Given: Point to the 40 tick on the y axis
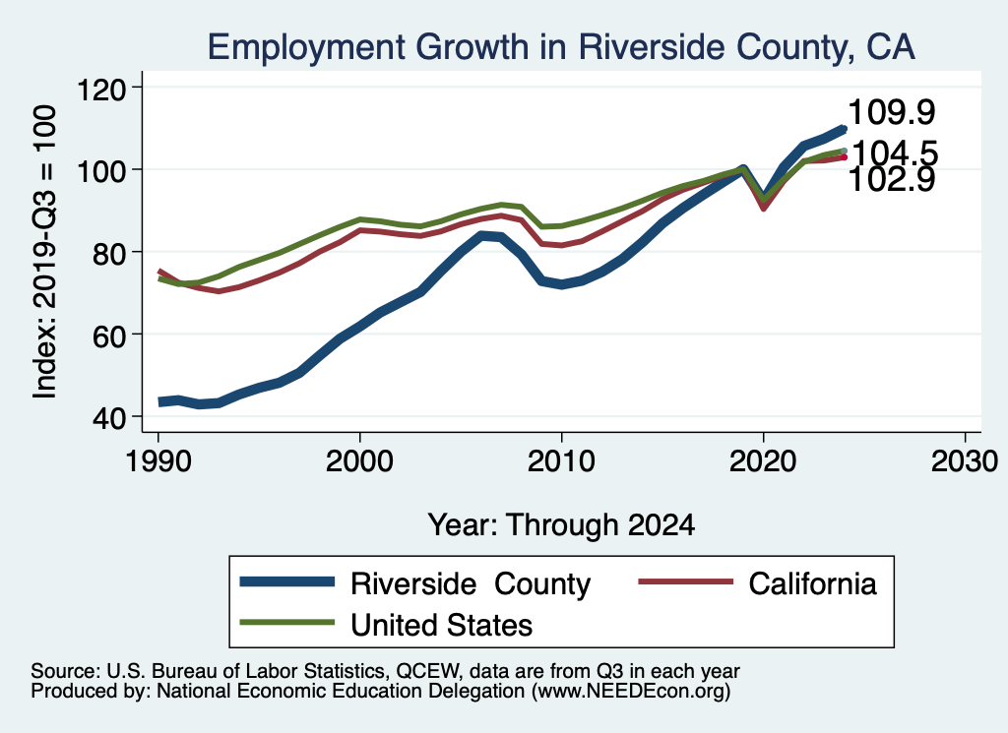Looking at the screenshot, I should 111,417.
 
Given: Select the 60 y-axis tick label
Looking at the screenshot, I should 111,335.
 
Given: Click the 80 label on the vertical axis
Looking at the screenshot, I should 111,253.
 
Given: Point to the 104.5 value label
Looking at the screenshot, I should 894,153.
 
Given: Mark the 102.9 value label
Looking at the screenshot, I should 891,179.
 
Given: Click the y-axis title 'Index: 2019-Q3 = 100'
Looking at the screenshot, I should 44,253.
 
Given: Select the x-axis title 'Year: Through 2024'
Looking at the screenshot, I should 561,524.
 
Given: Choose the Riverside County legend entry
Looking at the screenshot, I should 471,583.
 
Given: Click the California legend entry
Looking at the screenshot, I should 812,583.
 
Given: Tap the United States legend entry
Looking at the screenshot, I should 442,624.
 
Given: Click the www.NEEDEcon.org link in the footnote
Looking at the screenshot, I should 631,692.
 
